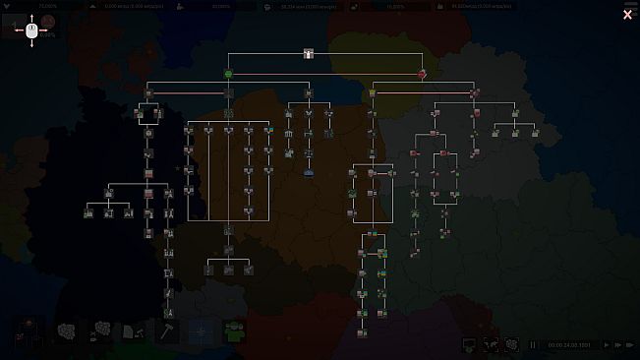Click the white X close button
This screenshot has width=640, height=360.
pyautogui.click(x=627, y=15)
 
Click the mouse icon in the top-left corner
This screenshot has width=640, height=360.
pyautogui.click(x=31, y=30)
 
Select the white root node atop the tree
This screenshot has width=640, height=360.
pyautogui.click(x=308, y=53)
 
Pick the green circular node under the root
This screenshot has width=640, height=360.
pyautogui.click(x=228, y=74)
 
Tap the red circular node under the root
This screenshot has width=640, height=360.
pyautogui.click(x=422, y=74)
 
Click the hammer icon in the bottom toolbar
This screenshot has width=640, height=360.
pyautogui.click(x=166, y=331)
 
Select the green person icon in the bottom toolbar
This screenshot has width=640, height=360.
pyautogui.click(x=234, y=331)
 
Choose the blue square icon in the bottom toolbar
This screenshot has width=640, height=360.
pyautogui.click(x=201, y=331)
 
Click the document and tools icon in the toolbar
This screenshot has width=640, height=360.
pyautogui.click(x=133, y=331)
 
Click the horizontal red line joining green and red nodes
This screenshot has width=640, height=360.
pyautogui.click(x=324, y=74)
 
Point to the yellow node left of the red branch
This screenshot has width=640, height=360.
pyautogui.click(x=373, y=92)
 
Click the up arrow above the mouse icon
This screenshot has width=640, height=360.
pyautogui.click(x=31, y=17)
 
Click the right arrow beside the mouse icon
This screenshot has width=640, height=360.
pyautogui.click(x=46, y=30)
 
